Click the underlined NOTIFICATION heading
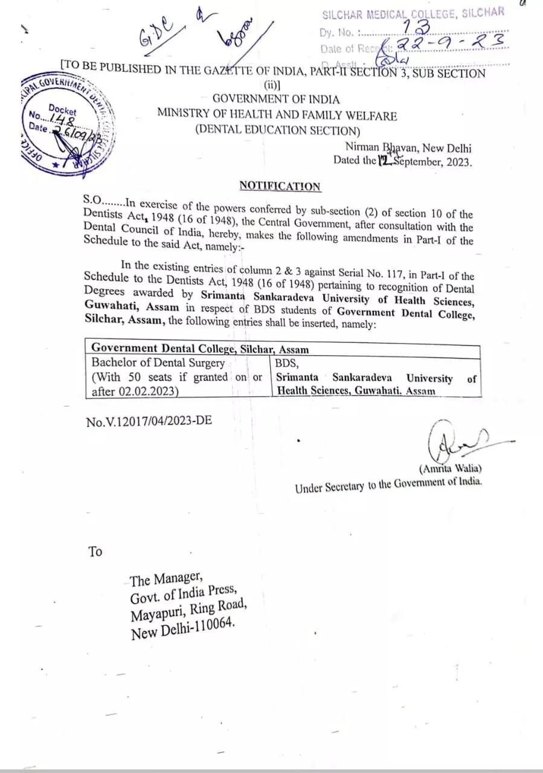280,186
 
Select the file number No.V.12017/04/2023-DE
149,420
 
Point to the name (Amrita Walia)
450,468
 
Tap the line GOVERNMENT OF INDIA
276,99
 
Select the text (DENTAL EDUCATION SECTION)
277,129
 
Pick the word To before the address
95,551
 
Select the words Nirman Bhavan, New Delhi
408,147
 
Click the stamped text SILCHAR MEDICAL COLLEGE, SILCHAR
413,13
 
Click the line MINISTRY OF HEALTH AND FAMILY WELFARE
277,114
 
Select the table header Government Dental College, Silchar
200,348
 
